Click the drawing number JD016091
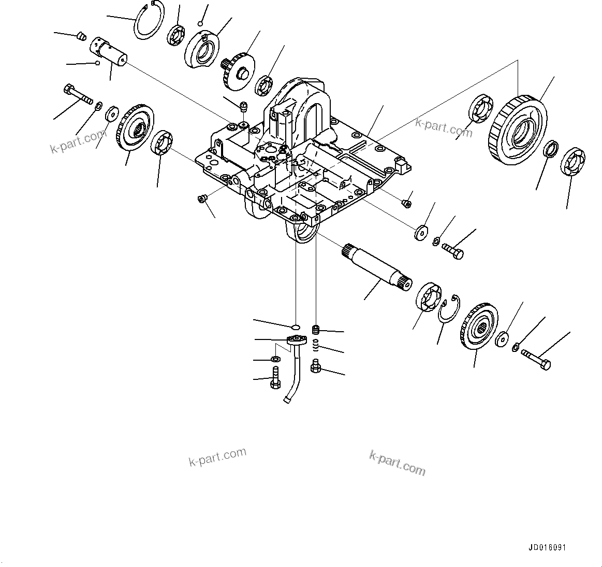tap(551, 548)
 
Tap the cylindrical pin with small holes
tap(109, 52)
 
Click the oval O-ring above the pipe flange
tap(295, 327)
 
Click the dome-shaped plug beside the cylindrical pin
tap(80, 36)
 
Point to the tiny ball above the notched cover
tap(201, 23)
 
